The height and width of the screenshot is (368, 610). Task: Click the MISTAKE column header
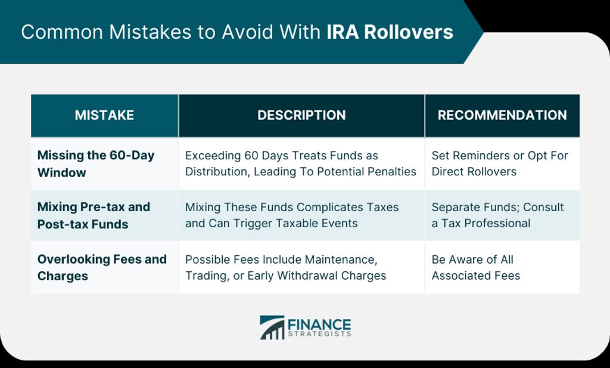click(x=104, y=115)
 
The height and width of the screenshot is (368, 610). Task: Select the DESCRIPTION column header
click(x=301, y=115)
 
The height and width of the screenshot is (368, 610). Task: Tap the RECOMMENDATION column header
click(x=502, y=115)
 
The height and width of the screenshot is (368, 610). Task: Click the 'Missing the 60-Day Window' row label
click(x=96, y=163)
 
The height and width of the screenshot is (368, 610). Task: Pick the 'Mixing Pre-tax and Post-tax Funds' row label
click(x=94, y=215)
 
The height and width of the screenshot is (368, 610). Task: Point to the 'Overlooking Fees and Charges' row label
click(x=102, y=268)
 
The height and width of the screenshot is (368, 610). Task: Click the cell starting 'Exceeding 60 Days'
click(x=301, y=163)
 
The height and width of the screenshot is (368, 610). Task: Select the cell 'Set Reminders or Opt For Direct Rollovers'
click(x=500, y=163)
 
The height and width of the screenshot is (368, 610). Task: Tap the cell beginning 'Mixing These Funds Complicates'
click(x=292, y=215)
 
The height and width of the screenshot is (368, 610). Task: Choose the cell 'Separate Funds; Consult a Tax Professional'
click(x=497, y=215)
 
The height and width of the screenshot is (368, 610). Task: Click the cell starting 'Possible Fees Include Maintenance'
click(x=285, y=268)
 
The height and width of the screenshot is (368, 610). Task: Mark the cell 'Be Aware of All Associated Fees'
click(x=476, y=268)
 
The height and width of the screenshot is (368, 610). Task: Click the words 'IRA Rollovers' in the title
click(x=390, y=32)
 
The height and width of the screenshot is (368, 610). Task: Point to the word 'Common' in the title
click(x=62, y=32)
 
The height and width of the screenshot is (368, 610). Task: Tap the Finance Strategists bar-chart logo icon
click(x=272, y=327)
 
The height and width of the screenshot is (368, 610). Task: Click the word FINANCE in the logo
click(x=319, y=325)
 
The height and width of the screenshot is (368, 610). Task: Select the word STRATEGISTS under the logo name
click(x=319, y=334)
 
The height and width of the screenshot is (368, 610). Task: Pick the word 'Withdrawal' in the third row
click(x=303, y=276)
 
